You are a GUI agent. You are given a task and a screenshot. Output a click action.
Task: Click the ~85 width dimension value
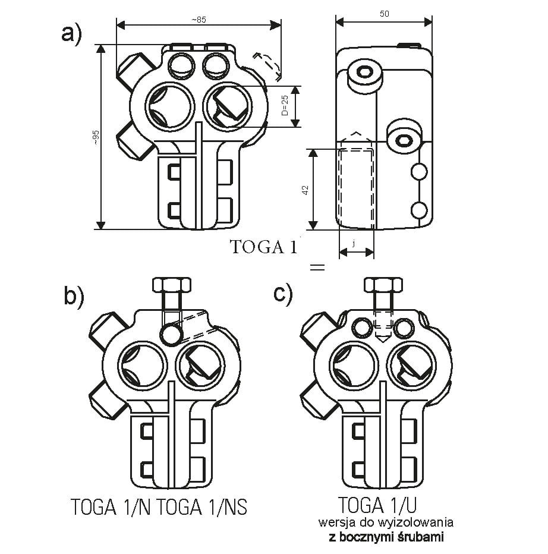click(199, 20)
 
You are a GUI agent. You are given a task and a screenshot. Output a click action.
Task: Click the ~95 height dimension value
click(96, 137)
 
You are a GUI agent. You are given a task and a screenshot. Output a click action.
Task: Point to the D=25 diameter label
click(285, 105)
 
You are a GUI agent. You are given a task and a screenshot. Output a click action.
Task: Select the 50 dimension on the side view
click(384, 14)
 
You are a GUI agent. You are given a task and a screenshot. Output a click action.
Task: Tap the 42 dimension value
click(306, 190)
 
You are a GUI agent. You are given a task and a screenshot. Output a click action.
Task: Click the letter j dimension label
click(354, 243)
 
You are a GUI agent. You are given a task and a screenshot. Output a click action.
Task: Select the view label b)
click(74, 295)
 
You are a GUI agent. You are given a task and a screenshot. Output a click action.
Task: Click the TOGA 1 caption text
click(264, 247)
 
